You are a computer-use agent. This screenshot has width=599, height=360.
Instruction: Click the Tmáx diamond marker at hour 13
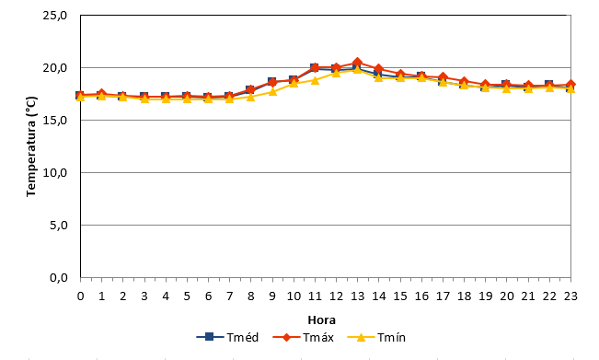tap(357, 63)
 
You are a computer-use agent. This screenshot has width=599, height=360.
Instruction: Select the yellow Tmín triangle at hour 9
tap(272, 92)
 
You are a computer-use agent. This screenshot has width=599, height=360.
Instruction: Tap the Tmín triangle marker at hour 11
tap(315, 80)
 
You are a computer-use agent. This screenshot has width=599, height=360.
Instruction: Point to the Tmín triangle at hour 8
tap(250, 97)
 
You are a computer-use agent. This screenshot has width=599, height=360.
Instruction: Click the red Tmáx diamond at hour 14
tap(378, 69)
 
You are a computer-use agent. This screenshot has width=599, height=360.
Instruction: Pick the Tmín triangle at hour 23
tap(570, 88)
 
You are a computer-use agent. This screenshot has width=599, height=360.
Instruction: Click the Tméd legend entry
tap(227, 337)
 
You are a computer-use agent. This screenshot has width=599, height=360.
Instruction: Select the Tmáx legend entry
tap(304, 337)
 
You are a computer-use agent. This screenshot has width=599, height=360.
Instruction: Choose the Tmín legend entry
tap(376, 337)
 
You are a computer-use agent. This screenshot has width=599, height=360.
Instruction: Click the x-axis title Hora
tap(322, 319)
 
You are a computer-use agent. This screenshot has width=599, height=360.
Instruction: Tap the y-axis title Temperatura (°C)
tap(31, 146)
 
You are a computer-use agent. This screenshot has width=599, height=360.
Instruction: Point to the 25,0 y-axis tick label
tap(55, 16)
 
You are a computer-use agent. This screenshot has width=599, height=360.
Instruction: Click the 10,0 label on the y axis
tap(55, 173)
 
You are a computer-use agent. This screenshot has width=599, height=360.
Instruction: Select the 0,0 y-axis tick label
tap(59, 278)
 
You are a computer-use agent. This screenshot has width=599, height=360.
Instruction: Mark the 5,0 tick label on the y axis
tap(59, 226)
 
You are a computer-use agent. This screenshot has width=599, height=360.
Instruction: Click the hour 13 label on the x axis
tap(357, 296)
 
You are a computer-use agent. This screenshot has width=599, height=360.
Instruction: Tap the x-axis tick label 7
tap(229, 296)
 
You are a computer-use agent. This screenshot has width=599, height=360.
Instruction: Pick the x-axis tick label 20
tap(507, 296)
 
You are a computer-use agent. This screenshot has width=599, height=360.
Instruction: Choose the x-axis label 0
tap(80, 296)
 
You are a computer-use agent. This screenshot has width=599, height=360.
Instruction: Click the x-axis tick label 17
tap(443, 296)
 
